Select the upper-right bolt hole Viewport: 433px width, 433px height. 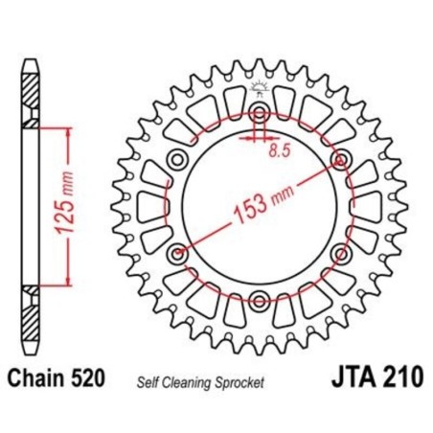[x=340, y=158]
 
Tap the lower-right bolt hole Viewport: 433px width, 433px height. [x=341, y=254]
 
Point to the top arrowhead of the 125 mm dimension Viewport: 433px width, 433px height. [x=66, y=131]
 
